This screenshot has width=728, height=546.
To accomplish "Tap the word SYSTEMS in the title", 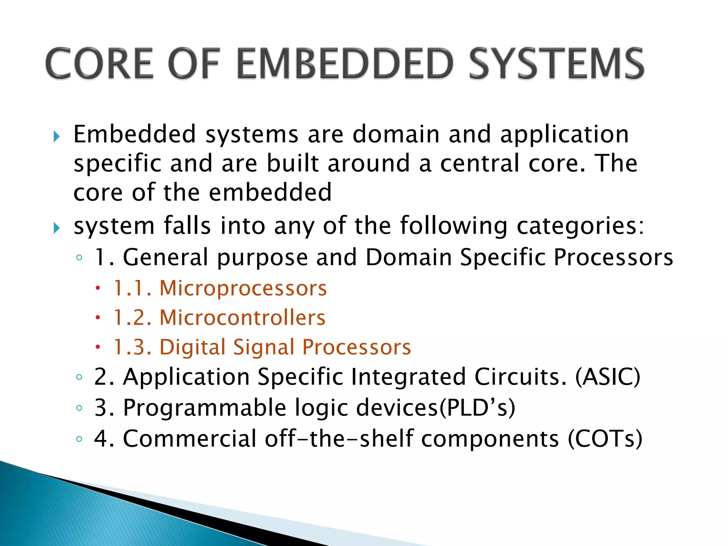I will [556, 64].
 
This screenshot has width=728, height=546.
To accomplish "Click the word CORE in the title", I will [100, 64].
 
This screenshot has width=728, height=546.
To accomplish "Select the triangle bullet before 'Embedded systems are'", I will [57, 136].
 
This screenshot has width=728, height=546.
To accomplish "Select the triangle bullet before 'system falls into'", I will [57, 228].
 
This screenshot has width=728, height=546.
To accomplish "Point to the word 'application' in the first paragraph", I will [564, 135].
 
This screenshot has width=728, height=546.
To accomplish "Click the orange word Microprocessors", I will [243, 288].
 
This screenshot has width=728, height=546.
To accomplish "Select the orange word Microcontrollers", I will [242, 317].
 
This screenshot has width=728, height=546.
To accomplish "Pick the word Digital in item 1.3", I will [192, 347].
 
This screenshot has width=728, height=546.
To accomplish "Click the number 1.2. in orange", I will [133, 317].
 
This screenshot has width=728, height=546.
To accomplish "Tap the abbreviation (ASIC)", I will [607, 377].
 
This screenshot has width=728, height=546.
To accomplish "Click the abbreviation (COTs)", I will [605, 439].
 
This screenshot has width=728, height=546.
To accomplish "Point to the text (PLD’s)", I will [477, 408].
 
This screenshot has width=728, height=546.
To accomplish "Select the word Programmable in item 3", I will [204, 408].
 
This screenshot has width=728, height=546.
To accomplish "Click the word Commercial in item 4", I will [189, 439].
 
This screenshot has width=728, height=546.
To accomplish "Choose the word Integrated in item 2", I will [408, 377].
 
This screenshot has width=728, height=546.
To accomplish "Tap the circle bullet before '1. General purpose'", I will [79, 257].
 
